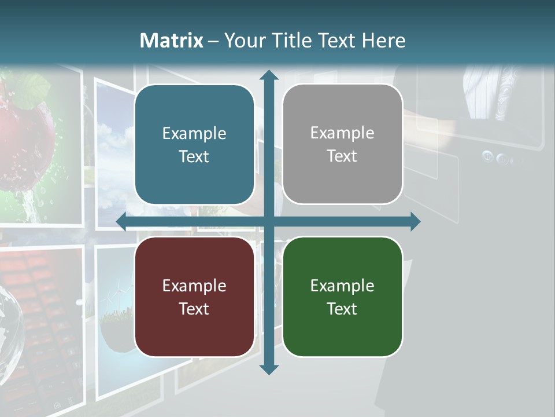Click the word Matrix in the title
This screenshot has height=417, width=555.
[x=172, y=41]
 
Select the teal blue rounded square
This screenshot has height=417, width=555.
[x=194, y=144]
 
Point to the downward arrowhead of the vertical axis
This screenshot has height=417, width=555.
[x=269, y=369]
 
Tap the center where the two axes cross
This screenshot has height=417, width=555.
[x=269, y=221]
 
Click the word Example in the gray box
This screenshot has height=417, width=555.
[x=342, y=133]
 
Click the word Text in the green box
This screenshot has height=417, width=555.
[x=342, y=309]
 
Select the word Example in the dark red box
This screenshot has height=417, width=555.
[x=194, y=286]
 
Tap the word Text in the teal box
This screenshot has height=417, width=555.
[x=194, y=156]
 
